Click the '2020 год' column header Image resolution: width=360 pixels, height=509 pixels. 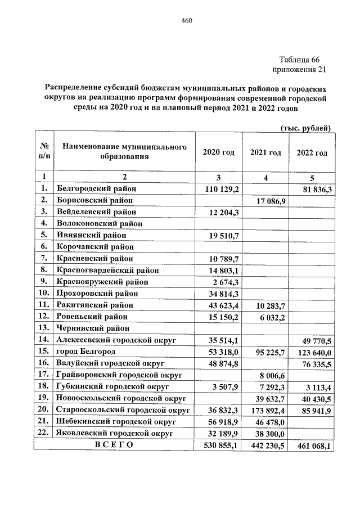tap(218, 152)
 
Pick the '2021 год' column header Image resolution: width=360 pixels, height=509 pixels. tap(265, 152)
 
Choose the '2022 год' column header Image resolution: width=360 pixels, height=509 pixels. tap(312, 152)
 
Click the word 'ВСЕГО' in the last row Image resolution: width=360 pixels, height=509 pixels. tap(114, 445)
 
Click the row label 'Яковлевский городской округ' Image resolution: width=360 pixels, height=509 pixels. tap(114, 433)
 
